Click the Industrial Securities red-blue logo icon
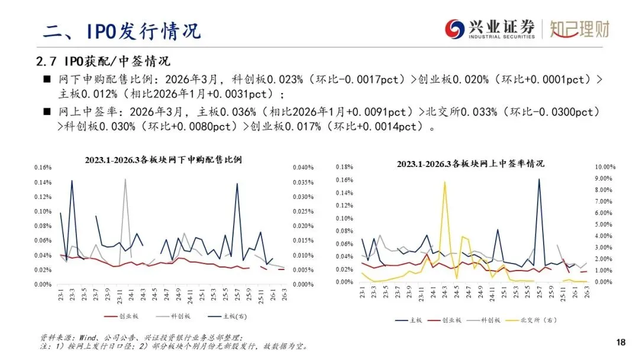[454, 28]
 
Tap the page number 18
[621, 342]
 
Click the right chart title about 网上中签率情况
[470, 163]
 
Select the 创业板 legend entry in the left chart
[121, 316]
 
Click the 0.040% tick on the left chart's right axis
[302, 168]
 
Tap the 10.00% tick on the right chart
[606, 167]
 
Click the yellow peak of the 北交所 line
[444, 182]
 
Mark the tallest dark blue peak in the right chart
[539, 179]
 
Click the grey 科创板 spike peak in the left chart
[125, 179]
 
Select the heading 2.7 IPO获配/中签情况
[103, 62]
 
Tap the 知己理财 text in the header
[579, 28]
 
